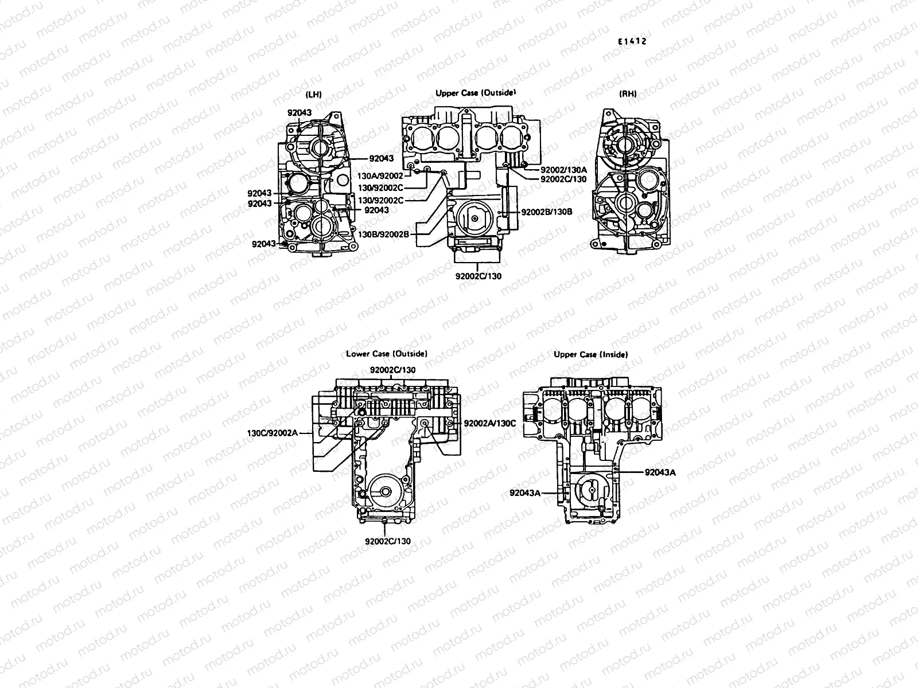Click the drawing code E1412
(x=632, y=41)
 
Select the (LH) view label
(x=314, y=94)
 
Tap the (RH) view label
(x=628, y=94)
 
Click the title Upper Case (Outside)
(x=476, y=92)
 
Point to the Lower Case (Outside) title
(x=387, y=354)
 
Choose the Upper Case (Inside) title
(x=590, y=354)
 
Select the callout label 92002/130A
(x=563, y=170)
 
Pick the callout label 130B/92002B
(x=383, y=234)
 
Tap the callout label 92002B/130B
(x=546, y=212)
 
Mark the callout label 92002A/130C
(x=490, y=423)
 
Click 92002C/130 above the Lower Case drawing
(x=392, y=370)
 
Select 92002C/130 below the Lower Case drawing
(x=388, y=541)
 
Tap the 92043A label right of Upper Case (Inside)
(x=660, y=473)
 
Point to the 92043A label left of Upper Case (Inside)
(x=525, y=492)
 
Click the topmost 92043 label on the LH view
(x=299, y=113)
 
